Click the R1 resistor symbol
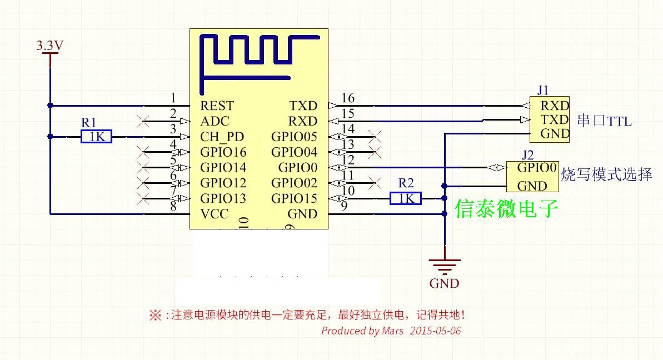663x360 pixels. coord(96,137)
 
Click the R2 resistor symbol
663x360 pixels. coord(406,198)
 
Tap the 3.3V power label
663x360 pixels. coord(50,45)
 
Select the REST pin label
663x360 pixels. coord(217,106)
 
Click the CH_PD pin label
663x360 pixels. coord(222,137)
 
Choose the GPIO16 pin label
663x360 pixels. coord(223,152)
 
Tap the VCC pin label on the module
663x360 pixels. coord(215,214)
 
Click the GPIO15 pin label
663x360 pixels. coord(295,198)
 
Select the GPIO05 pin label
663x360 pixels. coord(295,137)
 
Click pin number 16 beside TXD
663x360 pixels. coord(348,98)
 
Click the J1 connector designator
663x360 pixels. coord(543,90)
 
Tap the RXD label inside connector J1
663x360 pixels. coord(555,106)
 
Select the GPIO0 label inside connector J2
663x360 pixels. coord(537,168)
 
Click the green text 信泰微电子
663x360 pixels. coord(506,208)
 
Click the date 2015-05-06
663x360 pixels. coord(435,331)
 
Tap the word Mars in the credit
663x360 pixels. coord(393,331)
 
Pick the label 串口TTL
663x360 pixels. coord(604,121)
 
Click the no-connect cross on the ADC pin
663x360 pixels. coord(143,121)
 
